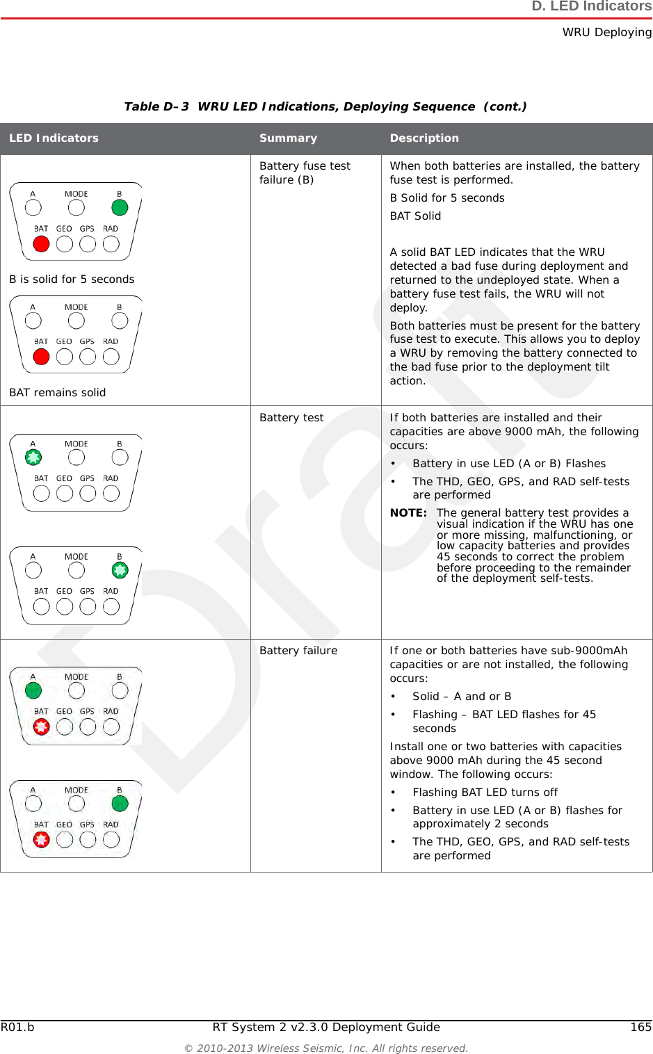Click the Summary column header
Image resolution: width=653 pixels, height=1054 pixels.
288,138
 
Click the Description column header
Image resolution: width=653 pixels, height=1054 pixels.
424,138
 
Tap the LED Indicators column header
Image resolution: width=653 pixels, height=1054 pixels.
54,138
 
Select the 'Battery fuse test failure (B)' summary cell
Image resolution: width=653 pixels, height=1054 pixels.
305,172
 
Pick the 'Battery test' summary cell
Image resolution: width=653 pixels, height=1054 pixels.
291,418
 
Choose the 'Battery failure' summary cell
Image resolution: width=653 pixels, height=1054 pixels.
298,651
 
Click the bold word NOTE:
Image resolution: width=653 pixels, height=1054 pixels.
408,513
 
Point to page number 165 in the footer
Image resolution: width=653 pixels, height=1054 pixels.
640,1027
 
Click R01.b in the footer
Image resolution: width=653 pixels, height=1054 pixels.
17,1027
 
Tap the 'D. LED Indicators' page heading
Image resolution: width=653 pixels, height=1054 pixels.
591,7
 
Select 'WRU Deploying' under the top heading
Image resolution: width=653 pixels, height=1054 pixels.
606,32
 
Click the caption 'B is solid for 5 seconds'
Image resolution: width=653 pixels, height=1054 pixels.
72,279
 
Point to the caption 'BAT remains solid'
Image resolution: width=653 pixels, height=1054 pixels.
58,393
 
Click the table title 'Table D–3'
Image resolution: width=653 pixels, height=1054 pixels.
156,106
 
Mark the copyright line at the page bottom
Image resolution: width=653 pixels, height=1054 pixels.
326,1048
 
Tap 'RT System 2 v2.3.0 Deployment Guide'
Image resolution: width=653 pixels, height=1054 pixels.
326,1027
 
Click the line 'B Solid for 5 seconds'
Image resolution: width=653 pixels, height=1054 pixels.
447,198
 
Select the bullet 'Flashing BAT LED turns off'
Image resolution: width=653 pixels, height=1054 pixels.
485,793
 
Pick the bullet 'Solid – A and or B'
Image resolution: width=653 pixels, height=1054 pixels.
462,697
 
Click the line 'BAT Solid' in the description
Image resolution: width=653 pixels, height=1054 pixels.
415,216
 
